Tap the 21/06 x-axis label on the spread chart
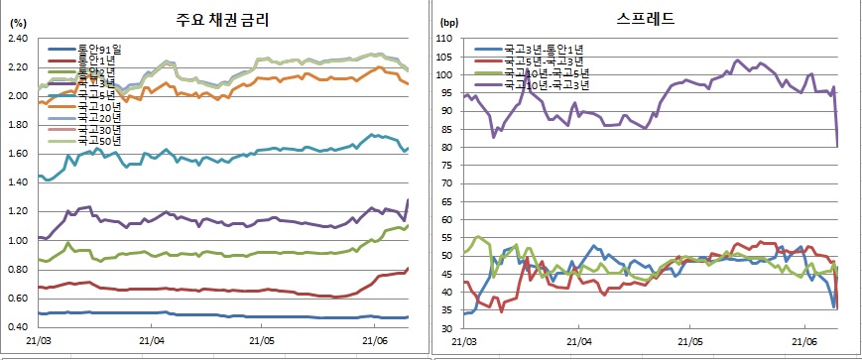click(x=803, y=340)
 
